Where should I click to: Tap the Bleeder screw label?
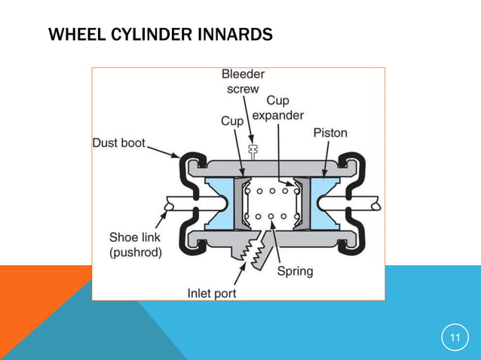[x=243, y=81]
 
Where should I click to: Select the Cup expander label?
[x=277, y=108]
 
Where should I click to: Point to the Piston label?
[x=330, y=133]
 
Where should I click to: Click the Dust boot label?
[x=119, y=142]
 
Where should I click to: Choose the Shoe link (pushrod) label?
[x=135, y=245]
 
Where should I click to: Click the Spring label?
[x=295, y=270]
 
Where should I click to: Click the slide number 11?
[x=455, y=337]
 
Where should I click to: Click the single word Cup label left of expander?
[x=231, y=121]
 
